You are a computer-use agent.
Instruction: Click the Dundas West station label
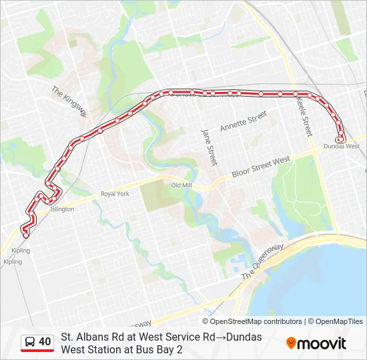[x=341, y=146]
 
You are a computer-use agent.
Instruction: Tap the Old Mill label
[x=181, y=185]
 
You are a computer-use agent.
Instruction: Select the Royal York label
[x=115, y=194]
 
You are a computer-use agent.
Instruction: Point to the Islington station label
[x=62, y=209]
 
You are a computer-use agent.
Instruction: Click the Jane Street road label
[x=209, y=147]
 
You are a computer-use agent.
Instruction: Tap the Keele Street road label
[x=305, y=115]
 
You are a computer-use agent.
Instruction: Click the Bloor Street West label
[x=261, y=167]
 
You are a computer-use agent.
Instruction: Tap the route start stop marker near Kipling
[x=26, y=235]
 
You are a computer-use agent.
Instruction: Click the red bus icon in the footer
[x=29, y=343]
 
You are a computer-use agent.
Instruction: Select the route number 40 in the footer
[x=45, y=342]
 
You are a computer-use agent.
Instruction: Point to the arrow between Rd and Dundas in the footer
[x=220, y=337]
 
